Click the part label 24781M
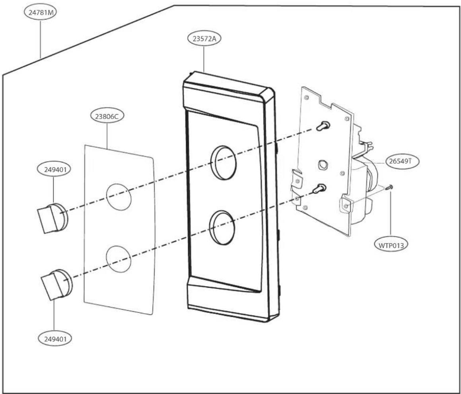point(40,13)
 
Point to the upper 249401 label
point(54,170)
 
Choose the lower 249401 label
point(54,339)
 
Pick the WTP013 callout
point(391,245)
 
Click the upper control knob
point(53,218)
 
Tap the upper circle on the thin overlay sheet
point(119,197)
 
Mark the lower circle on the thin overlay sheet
point(119,259)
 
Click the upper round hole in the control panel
point(224,163)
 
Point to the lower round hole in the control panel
point(222,228)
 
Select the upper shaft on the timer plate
point(323,126)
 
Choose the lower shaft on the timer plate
point(319,188)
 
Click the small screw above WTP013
point(389,188)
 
